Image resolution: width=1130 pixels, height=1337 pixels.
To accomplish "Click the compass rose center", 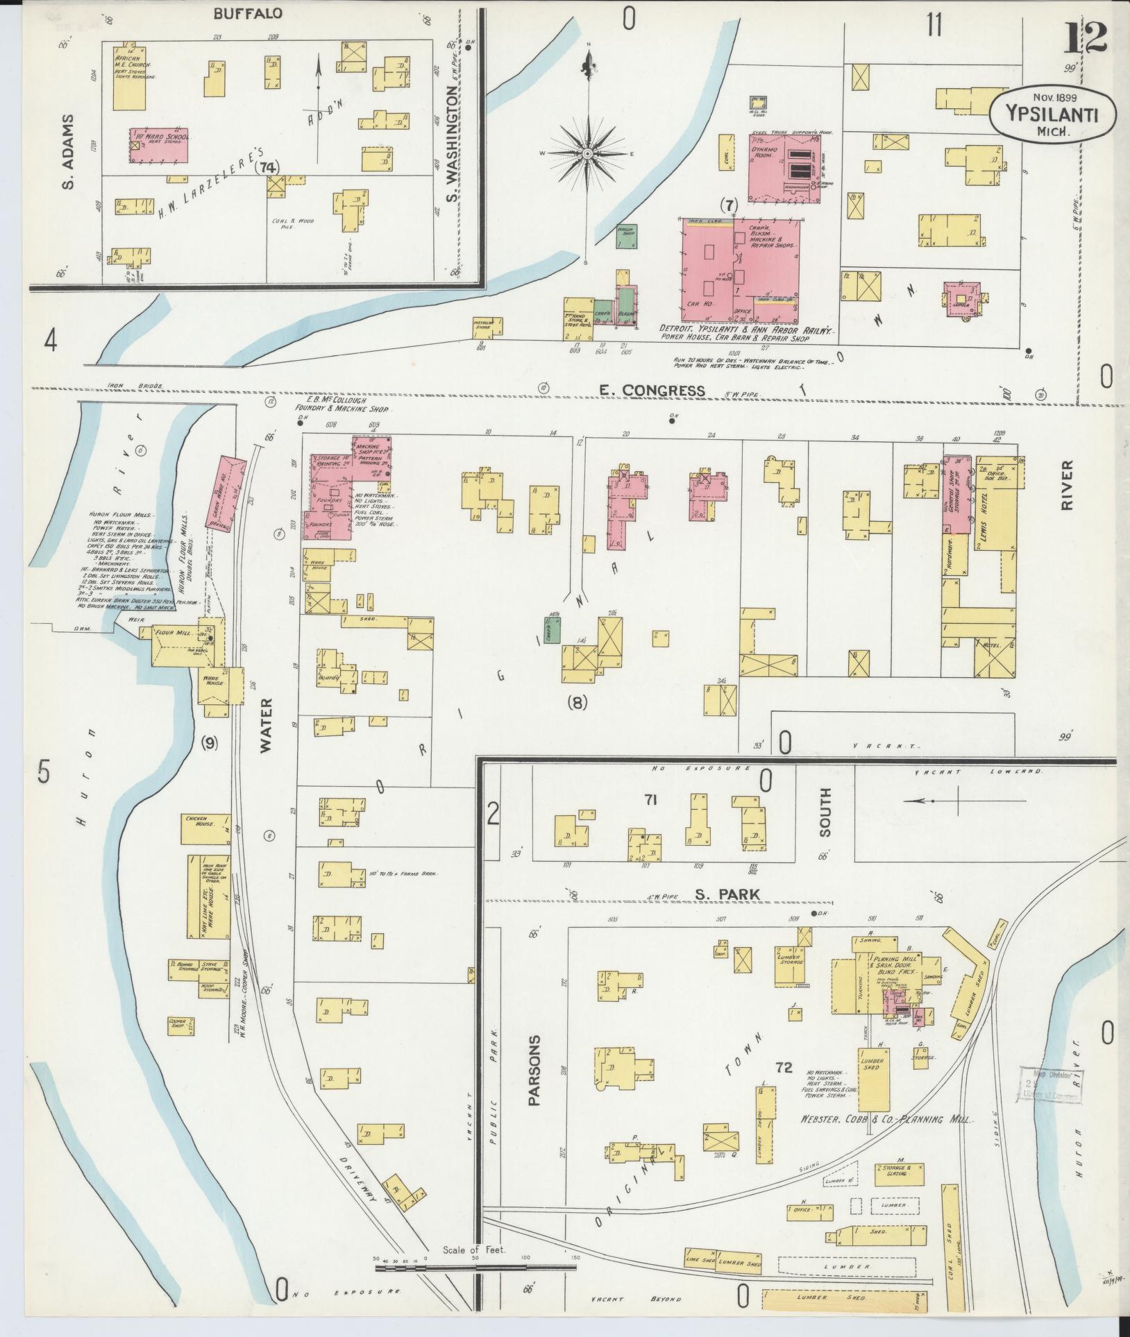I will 587,153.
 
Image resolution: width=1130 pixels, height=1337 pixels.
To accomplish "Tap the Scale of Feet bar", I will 475,782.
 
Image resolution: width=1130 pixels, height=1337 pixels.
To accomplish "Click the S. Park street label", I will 726,894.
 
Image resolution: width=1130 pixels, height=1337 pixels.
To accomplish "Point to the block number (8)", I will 577,703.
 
